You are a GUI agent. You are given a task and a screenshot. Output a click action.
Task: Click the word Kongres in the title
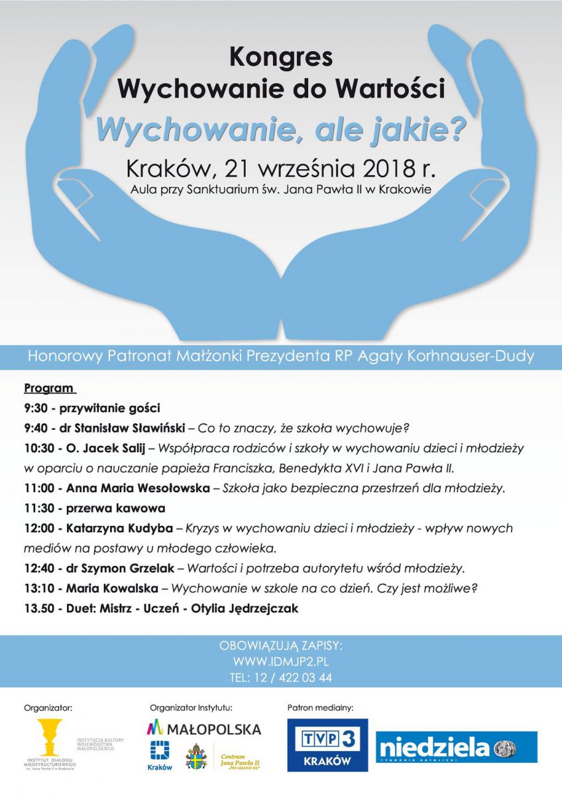pyautogui.click(x=280, y=58)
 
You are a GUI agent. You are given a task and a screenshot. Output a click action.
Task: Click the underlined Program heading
pyautogui.click(x=50, y=388)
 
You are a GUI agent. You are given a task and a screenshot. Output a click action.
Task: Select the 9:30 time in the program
pyautogui.click(x=37, y=408)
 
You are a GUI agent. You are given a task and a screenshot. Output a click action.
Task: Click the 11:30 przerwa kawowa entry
pyautogui.click(x=94, y=509)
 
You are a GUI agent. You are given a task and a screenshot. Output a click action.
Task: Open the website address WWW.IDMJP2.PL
pyautogui.click(x=280, y=661)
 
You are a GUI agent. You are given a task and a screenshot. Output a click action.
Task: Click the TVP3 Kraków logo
pyautogui.click(x=327, y=744)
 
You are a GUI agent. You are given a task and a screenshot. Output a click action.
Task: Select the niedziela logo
pyautogui.click(x=457, y=748)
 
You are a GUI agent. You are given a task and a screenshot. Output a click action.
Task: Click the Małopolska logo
pyautogui.click(x=204, y=729)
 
